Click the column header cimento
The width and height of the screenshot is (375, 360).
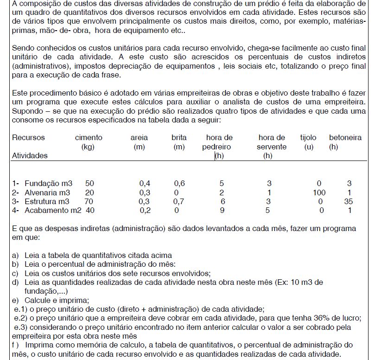(89, 137)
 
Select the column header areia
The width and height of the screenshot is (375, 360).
(139, 137)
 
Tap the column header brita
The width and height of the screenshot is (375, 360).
(179, 137)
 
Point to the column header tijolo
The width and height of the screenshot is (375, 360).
(308, 137)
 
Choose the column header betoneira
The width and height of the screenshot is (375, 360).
(345, 137)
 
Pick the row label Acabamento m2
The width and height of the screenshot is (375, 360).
(53, 210)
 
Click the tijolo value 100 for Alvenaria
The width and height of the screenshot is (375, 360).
(319, 192)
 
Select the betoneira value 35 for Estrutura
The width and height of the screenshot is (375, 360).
(349, 201)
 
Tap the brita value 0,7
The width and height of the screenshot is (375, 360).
(179, 201)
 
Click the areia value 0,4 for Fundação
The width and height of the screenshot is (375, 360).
(145, 183)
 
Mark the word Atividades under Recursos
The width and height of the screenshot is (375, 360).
(30, 155)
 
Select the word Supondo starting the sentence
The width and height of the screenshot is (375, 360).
(26, 111)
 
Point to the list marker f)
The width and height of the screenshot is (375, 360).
(16, 345)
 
